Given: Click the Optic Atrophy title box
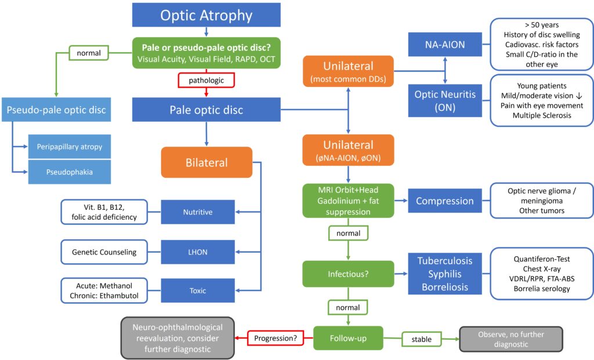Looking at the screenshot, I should [x=207, y=14].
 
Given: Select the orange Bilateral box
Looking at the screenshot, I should [x=207, y=162].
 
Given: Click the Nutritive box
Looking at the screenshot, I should [x=198, y=212].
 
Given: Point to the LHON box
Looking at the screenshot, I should [x=198, y=252].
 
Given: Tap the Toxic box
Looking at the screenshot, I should [x=198, y=291].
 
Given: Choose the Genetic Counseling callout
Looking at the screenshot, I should [x=104, y=252].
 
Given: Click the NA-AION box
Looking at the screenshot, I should [x=444, y=45].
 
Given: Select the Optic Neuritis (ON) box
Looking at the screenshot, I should [x=444, y=100].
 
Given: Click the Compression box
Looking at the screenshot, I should [x=444, y=201].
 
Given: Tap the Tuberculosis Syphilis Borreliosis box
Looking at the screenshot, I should [x=444, y=273].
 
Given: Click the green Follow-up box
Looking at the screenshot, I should [x=348, y=337].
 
